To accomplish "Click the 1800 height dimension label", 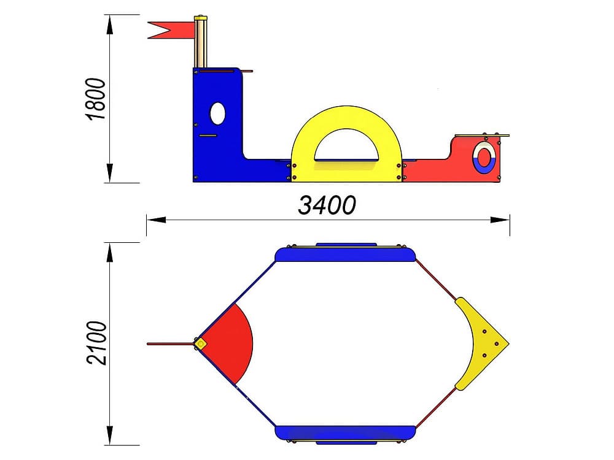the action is (x=96, y=99).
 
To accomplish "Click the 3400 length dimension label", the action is (x=327, y=205).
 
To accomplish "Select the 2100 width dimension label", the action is (x=96, y=343).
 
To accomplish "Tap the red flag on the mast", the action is (x=171, y=30).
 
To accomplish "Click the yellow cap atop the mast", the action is (x=201, y=18).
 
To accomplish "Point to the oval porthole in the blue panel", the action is (x=218, y=113).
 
